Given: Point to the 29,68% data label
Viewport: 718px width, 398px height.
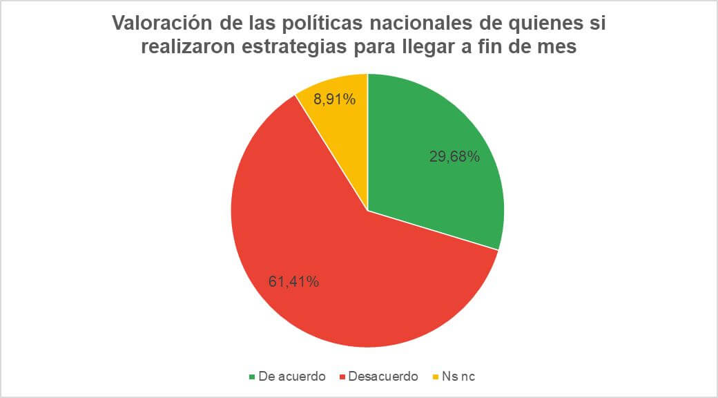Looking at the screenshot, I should coord(454,157).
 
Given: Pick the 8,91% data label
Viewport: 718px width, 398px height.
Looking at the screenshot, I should coord(335,99).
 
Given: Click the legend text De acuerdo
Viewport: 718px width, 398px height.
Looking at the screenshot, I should coord(291,377).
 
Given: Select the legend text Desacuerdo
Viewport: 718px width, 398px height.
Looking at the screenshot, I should coord(383,377).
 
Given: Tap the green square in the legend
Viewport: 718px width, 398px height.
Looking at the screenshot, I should coord(252,377).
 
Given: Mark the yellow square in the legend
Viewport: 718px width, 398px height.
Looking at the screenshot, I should coord(436,377).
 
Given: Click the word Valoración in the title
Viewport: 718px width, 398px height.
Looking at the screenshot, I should coord(163,23).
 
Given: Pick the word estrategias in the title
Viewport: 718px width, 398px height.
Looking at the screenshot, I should coord(294,49).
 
